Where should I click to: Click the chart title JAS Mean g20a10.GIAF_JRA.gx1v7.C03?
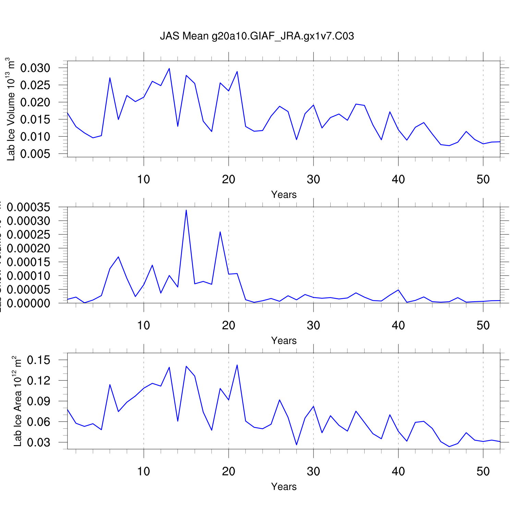257,36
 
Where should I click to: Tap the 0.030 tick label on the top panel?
35,68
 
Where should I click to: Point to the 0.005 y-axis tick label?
35,154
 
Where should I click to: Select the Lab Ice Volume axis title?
11,109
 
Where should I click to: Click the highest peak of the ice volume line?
169,69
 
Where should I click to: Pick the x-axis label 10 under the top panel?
144,179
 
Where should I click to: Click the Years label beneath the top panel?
284,195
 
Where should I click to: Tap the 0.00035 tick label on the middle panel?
28,207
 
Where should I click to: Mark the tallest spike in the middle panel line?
186,210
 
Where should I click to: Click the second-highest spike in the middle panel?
220,232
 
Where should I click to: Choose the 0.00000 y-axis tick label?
28,303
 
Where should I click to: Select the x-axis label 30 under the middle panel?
313,325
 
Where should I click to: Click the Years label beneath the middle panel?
284,341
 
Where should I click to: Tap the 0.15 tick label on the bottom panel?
38,360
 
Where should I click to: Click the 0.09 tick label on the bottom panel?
38,401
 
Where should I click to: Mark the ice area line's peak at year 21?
237,365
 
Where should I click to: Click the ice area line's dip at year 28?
296,445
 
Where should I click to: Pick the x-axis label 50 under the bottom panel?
483,471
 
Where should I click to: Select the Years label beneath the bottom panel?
284,487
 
